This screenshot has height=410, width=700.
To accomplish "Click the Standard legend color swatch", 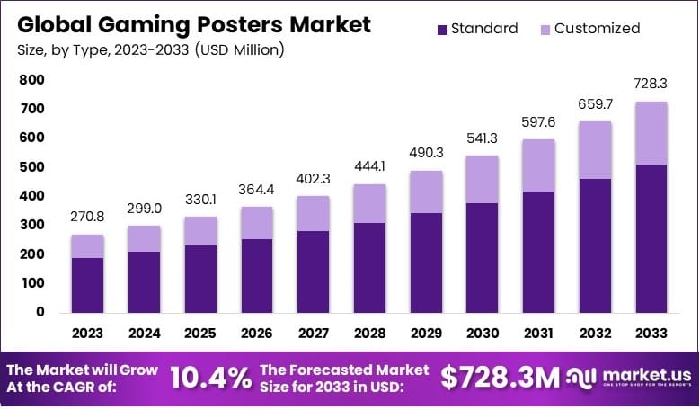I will tap(442, 29).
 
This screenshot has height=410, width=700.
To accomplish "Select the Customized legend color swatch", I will tap(545, 29).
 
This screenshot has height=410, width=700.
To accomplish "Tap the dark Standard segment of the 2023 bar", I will tap(88, 285).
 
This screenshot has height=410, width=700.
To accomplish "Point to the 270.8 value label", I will tap(88, 218).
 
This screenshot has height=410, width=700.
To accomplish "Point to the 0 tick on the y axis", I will tap(40, 312).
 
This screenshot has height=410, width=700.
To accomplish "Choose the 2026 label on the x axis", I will tap(258, 334).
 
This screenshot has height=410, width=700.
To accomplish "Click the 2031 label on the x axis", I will tap(538, 334).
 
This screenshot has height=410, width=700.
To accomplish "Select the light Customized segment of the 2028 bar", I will tap(370, 203).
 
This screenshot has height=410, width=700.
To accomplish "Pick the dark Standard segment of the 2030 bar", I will tap(483, 257).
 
